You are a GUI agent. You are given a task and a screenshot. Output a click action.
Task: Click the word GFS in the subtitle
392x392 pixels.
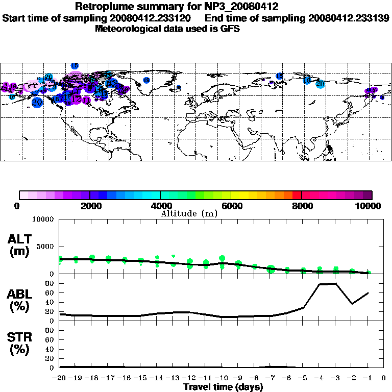click(230, 29)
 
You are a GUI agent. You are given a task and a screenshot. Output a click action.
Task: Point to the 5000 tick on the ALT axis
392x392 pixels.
click(45, 247)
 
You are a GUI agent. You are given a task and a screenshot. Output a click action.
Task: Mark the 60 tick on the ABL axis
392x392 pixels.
click(52, 293)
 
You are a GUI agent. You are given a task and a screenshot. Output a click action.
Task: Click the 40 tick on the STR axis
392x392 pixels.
click(52, 349)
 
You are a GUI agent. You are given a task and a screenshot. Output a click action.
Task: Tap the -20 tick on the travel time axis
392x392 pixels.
click(60, 378)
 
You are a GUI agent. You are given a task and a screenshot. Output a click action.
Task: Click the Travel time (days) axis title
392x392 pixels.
click(223, 387)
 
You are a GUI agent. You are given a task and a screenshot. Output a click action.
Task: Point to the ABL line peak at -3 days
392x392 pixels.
click(335, 283)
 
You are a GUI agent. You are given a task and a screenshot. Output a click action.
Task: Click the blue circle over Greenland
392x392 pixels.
click(146, 80)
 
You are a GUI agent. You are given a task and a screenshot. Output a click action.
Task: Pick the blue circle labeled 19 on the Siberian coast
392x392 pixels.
click(307, 80)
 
